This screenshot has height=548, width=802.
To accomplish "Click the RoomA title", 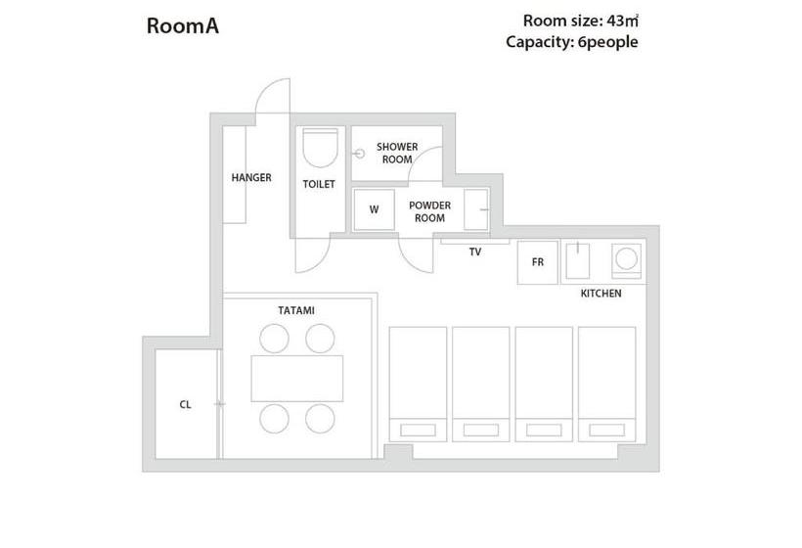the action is pyautogui.click(x=183, y=26).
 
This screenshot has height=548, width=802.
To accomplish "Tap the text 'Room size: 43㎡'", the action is pyautogui.click(x=581, y=21).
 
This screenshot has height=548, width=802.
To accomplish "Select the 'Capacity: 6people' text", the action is pyautogui.click(x=572, y=42).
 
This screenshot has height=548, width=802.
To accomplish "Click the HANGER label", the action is pyautogui.click(x=251, y=177).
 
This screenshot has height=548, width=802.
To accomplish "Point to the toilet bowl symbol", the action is pyautogui.click(x=320, y=148).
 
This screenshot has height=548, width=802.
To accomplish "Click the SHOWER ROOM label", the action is pyautogui.click(x=397, y=153).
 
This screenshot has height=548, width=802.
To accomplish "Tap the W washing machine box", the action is pyautogui.click(x=374, y=209).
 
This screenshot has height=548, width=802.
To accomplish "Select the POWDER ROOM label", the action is pyautogui.click(x=429, y=211).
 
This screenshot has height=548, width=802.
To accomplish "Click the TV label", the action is pyautogui.click(x=474, y=251).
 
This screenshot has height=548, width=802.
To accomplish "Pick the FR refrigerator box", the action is pyautogui.click(x=538, y=262).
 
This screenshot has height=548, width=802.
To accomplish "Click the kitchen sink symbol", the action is pyautogui.click(x=577, y=260).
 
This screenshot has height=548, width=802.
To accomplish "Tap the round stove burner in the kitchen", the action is pyautogui.click(x=626, y=258).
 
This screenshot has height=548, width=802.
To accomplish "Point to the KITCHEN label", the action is pyautogui.click(x=601, y=294).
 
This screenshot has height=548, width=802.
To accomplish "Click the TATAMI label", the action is pyautogui.click(x=296, y=310).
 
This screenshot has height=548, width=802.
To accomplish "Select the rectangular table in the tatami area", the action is pyautogui.click(x=297, y=379).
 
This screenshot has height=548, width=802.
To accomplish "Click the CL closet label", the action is pyautogui.click(x=185, y=405).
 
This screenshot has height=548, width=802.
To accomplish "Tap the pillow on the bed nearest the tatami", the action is pyautogui.click(x=418, y=430).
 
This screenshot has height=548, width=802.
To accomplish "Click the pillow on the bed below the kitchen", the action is pyautogui.click(x=607, y=430).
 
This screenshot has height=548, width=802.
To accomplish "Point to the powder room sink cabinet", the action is pyautogui.click(x=476, y=209).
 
